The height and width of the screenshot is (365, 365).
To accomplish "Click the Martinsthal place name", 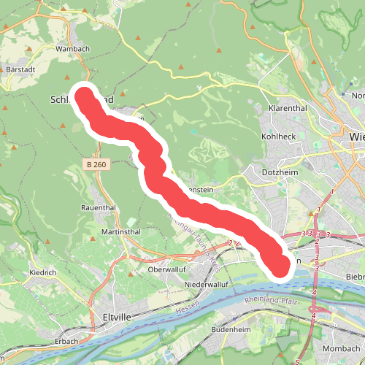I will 101,231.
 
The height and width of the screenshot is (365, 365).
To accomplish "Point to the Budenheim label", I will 231,329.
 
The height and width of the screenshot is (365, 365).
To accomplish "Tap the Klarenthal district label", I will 285,107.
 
